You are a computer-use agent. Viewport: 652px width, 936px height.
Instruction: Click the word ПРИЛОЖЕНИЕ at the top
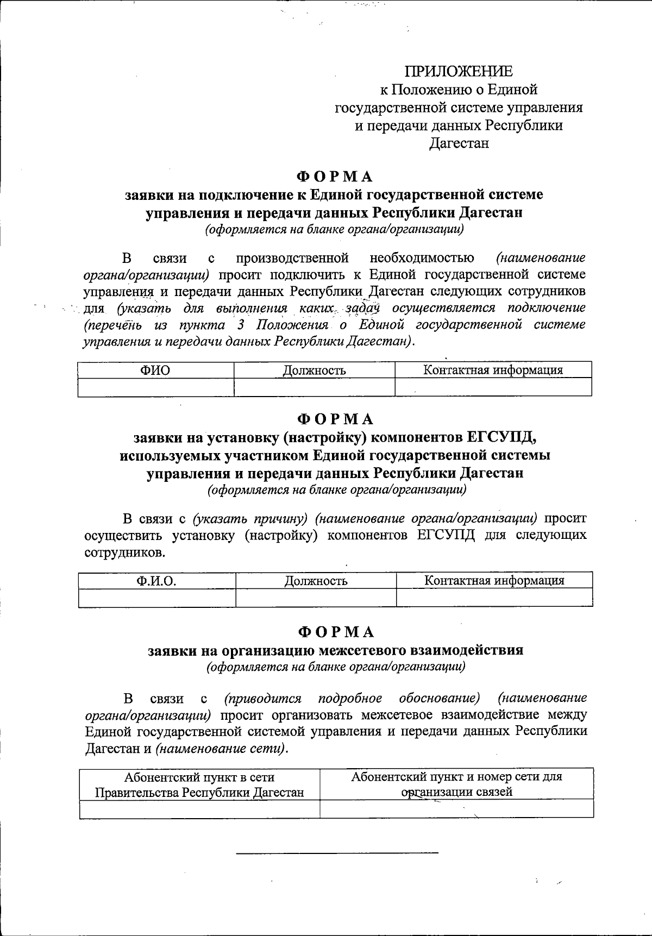458,72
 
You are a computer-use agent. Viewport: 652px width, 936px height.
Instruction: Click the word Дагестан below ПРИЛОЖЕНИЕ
459,143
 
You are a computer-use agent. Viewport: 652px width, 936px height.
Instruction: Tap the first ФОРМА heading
335,177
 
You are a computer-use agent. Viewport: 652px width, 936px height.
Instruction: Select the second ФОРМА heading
335,419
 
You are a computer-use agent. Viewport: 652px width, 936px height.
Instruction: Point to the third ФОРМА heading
336,632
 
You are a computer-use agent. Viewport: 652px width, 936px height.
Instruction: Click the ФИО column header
155,370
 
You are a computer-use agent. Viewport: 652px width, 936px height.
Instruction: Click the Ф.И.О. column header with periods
156,581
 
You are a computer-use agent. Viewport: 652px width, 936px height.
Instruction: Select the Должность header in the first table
314,370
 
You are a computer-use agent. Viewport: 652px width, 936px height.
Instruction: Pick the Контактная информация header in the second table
494,581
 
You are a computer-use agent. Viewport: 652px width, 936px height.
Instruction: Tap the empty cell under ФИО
155,387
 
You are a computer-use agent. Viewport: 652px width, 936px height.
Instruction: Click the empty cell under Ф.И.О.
156,598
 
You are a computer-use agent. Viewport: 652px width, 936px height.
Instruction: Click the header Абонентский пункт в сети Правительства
199,784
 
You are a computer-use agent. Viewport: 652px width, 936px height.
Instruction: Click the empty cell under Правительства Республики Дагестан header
199,809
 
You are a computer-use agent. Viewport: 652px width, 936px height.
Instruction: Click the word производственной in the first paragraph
292,257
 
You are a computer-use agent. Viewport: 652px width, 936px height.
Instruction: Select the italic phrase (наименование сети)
220,749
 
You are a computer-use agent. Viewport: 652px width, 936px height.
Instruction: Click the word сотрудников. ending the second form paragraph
124,553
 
